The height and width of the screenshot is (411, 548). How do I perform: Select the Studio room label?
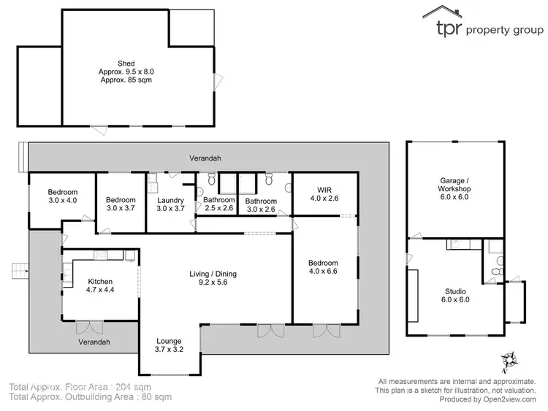[x=454, y=294]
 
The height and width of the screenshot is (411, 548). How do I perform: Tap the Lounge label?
[x=169, y=345]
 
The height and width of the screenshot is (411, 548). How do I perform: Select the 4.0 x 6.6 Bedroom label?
[x=323, y=267]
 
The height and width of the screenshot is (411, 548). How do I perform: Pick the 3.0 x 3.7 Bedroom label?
[x=120, y=204]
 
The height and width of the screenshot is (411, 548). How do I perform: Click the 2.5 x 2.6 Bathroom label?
[x=218, y=204]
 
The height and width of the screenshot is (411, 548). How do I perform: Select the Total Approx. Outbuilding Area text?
[x=90, y=397]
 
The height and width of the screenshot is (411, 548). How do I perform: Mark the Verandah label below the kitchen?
[x=95, y=342]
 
